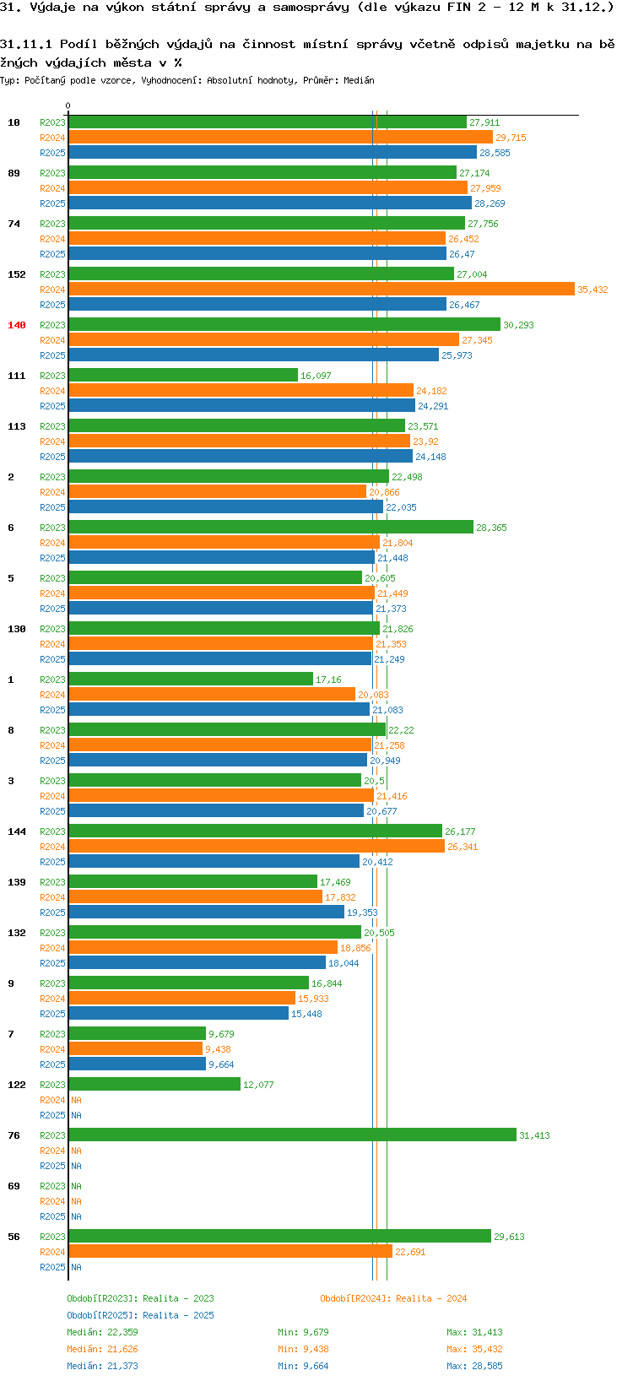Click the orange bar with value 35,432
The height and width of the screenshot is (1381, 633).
pos(321,290)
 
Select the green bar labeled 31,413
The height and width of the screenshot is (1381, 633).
pos(292,1135)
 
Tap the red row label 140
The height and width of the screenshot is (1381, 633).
pos(17,325)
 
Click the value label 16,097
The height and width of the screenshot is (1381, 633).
pos(316,376)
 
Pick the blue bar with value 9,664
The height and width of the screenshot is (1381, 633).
pos(137,1064)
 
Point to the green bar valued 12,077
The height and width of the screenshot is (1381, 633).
pos(154,1085)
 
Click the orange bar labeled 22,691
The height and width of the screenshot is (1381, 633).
pos(230,1252)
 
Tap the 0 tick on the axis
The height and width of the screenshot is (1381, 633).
pos(68,106)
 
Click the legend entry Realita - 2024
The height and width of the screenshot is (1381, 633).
pos(393,1298)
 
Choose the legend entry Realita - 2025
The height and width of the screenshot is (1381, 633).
pos(141,1315)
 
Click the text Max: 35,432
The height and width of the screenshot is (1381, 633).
pos(474,1349)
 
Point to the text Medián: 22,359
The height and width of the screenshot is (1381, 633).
pos(102,1332)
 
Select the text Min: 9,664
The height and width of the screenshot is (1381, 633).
pos(303,1366)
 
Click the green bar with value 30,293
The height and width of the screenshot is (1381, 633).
pos(284,325)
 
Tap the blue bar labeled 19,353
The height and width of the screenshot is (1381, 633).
pos(206,913)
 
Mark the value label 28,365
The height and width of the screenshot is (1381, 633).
pos(491,528)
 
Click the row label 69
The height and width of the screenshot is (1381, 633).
pos(14,1186)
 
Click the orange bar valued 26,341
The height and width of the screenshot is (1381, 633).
pos(257,847)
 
